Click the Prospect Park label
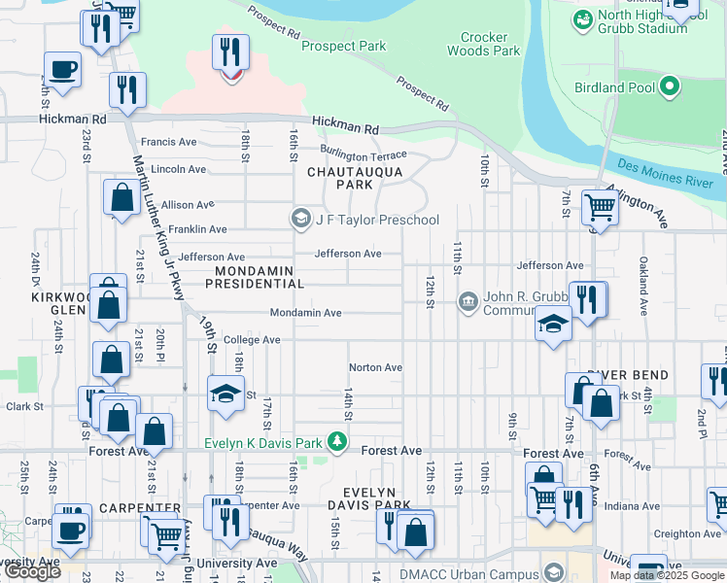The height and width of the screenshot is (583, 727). (x=343, y=46)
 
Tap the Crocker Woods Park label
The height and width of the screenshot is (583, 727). (x=483, y=44)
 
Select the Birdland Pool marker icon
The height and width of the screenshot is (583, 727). (x=669, y=87)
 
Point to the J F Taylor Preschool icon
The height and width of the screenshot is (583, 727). (x=300, y=220)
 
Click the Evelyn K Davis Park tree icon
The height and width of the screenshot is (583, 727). (x=337, y=443)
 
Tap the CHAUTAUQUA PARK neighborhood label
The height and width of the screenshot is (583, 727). (x=341, y=177)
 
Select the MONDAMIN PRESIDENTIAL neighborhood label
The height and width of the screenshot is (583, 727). (x=260, y=277)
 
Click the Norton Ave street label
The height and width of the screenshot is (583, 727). (x=375, y=367)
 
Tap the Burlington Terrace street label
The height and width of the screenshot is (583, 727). (x=364, y=154)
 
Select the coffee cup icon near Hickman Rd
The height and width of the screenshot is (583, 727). (x=62, y=70)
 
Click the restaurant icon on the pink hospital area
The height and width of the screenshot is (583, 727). (x=230, y=52)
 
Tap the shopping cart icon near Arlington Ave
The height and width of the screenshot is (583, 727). (x=601, y=207)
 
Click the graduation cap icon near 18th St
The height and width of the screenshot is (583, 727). (x=225, y=394)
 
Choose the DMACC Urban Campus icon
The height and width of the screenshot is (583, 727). (x=554, y=572)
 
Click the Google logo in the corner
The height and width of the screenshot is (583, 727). (x=32, y=571)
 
